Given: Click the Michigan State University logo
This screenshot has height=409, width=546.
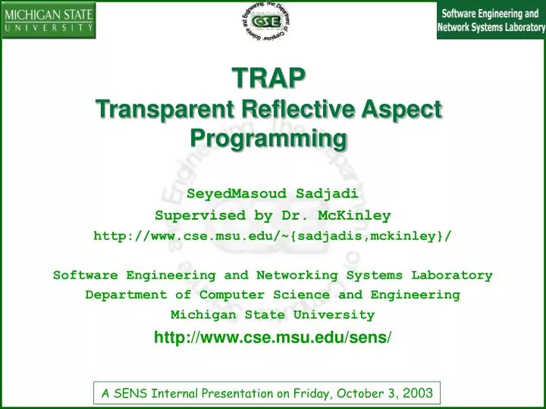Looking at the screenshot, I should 49,20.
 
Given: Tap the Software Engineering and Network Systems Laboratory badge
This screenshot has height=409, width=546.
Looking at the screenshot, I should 491,20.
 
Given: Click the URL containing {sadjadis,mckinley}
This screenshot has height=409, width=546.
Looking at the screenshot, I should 272,236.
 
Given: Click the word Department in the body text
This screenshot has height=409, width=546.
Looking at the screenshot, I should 126,295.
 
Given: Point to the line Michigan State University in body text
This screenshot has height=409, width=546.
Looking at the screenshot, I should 272,314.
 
